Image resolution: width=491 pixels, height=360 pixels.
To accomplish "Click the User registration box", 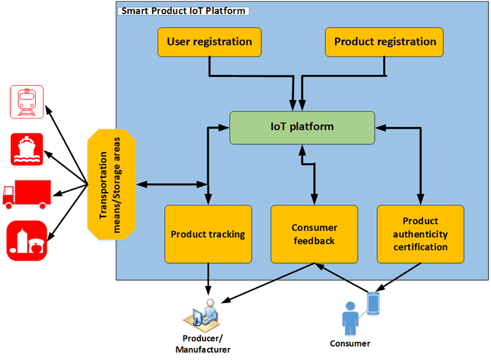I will tap(210, 42).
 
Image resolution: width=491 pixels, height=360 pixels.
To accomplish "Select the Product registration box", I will tap(384, 42).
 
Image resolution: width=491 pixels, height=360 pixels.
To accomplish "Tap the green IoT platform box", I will tap(302, 128).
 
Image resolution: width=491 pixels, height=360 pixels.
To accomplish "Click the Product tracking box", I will tap(208, 234).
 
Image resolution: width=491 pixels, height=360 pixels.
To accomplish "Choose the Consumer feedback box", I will tap(314, 234).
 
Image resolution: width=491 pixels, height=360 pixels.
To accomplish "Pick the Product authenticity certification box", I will tap(420, 234).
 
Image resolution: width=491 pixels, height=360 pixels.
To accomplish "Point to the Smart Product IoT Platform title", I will tap(182, 10).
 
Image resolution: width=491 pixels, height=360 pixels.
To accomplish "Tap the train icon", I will tap(26, 101).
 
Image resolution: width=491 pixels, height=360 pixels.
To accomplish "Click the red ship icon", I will tap(26, 148).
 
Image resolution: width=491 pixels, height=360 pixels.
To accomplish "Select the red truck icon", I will tap(26, 193).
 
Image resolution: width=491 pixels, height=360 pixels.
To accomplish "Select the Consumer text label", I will tap(350, 343).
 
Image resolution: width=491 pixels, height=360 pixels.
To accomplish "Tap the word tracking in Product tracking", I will tap(226, 234).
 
